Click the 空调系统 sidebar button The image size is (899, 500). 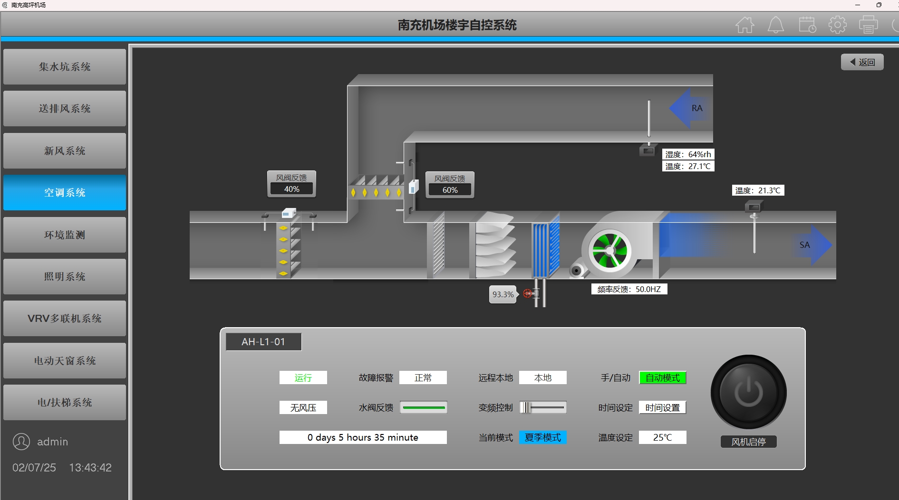point(65,192)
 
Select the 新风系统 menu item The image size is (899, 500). point(65,151)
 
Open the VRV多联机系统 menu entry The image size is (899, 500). point(65,318)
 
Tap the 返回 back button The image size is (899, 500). point(862,62)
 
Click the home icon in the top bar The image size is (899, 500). point(745,25)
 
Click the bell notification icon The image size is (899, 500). point(776,25)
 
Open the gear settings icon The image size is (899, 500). point(837,25)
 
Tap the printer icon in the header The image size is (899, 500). point(868,25)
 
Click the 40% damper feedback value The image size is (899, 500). point(292,189)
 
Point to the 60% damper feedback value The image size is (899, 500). point(450,190)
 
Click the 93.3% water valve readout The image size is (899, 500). point(503,294)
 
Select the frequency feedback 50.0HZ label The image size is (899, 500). point(629,289)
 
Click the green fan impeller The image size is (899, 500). point(610,251)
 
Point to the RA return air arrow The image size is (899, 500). point(690,108)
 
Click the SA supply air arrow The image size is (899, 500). point(812,245)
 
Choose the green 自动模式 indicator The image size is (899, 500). point(663,377)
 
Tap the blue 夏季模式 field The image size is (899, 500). point(543,437)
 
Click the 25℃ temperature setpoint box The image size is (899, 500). point(663,437)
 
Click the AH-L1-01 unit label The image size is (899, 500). point(263,342)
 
